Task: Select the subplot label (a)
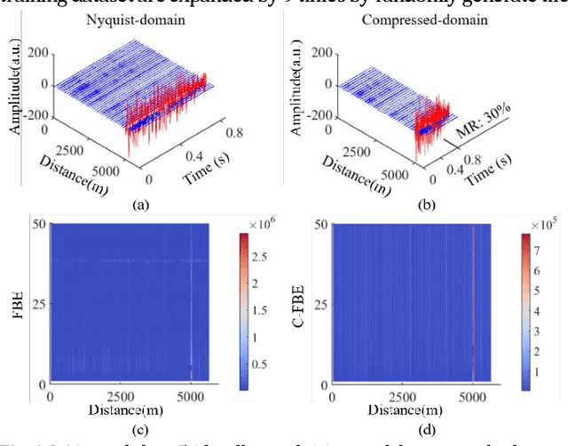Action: (139, 204)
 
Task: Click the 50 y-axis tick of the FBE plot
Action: (39, 224)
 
